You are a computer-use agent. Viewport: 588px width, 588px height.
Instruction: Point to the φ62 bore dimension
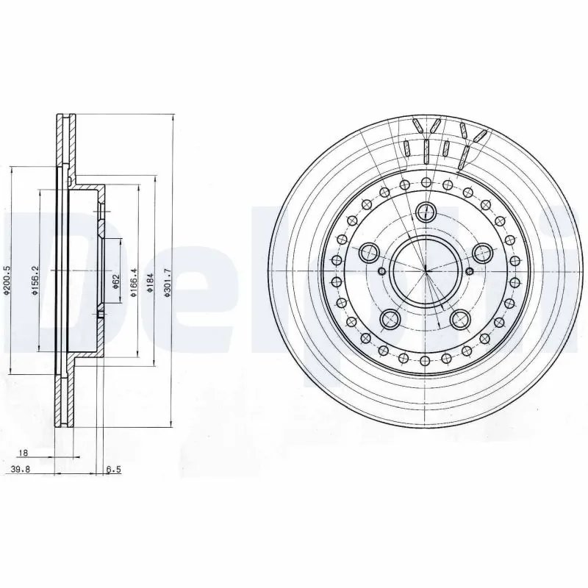pos(116,281)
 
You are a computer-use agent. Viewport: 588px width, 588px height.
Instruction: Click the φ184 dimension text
pos(151,281)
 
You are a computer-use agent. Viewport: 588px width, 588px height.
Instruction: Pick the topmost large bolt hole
pos(426,212)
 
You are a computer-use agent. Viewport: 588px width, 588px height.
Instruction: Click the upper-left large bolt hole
pos(368,254)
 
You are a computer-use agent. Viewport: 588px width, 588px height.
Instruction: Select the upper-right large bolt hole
pos(482,254)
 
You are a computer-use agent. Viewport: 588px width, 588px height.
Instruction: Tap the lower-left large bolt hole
pos(390,319)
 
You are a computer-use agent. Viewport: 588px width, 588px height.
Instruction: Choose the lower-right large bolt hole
pos(460,319)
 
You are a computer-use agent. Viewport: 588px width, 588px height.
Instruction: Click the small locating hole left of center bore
pos(381,271)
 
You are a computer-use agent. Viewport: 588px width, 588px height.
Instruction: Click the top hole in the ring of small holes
pos(426,181)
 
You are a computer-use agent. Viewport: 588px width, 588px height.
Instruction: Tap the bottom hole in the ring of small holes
pos(426,361)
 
